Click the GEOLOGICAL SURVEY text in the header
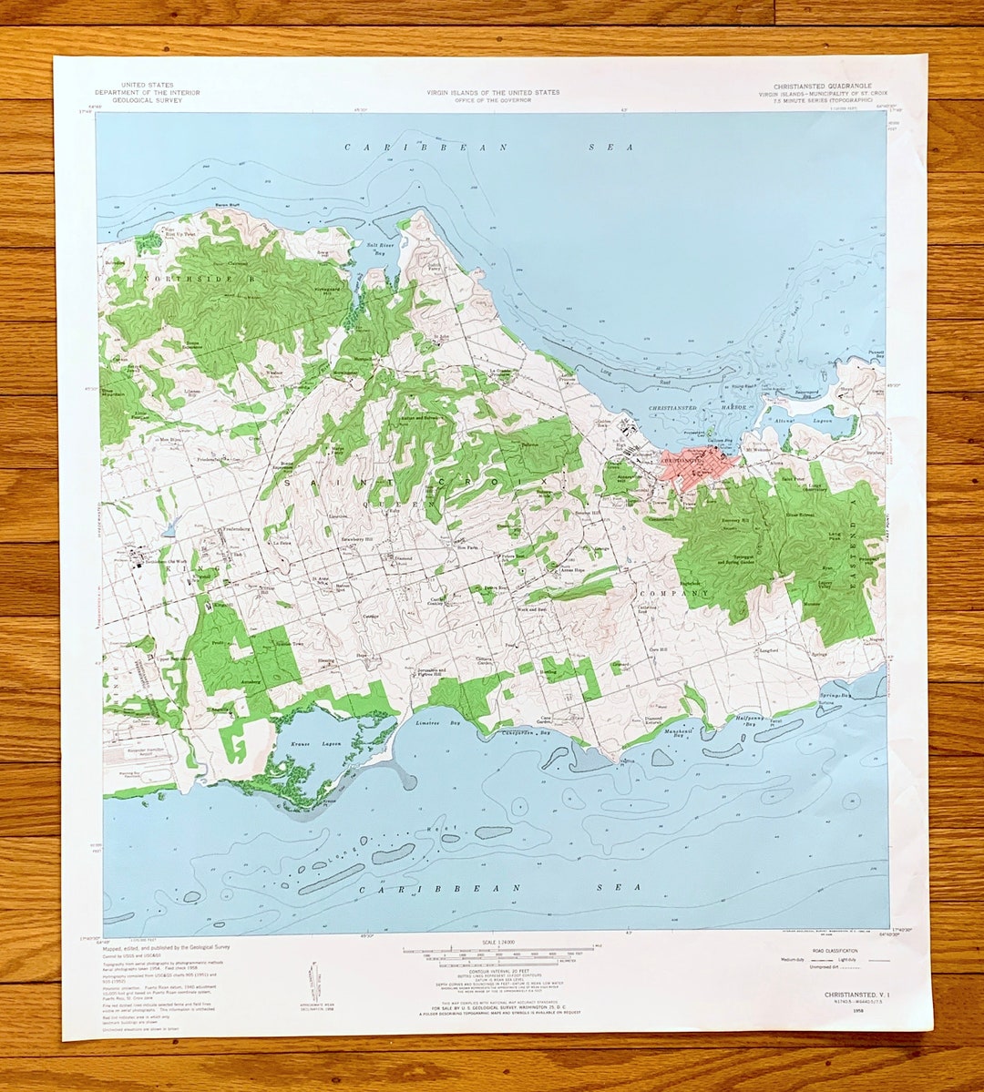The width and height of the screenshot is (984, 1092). click(x=148, y=100)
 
